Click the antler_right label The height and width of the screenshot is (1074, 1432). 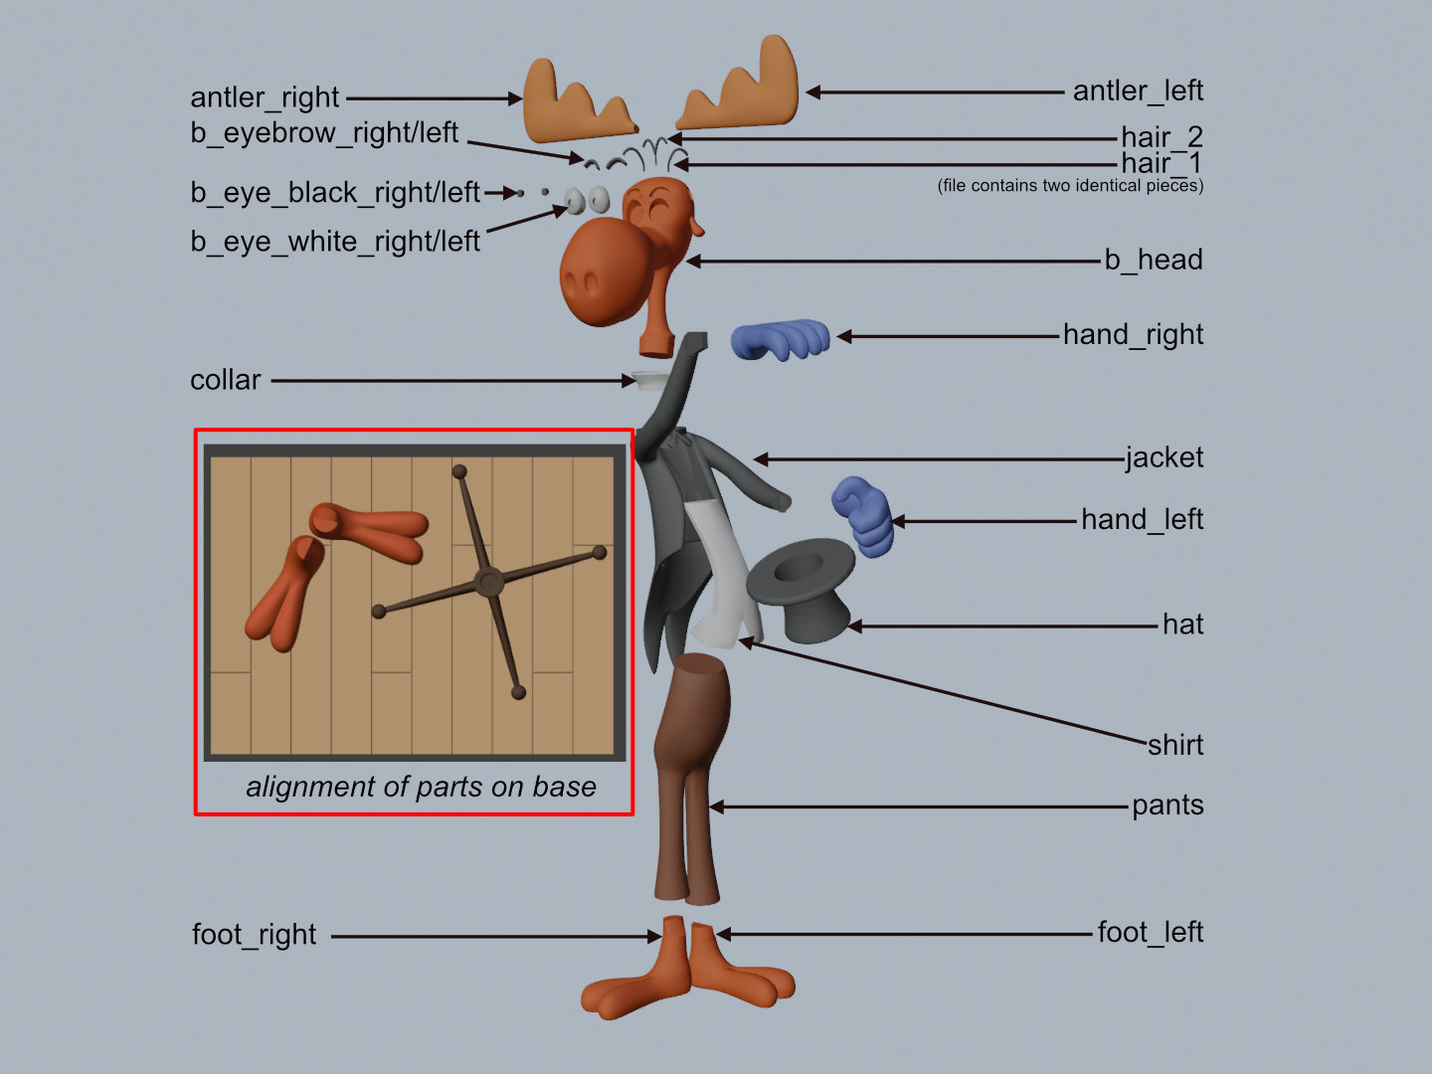265,97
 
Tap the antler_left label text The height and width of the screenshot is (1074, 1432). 1138,90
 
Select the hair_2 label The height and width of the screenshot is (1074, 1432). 1162,136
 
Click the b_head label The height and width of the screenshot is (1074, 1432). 1154,260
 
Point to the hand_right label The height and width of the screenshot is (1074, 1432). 1133,334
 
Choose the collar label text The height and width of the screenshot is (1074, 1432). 226,380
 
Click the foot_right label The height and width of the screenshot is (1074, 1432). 255,935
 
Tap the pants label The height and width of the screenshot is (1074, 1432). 1167,805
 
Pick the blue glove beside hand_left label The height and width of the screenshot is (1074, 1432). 863,515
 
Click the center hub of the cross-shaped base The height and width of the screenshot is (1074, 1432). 488,582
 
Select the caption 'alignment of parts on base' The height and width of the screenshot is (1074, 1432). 421,787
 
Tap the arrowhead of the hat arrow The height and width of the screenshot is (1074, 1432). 854,626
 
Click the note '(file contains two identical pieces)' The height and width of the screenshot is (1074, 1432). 1070,186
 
